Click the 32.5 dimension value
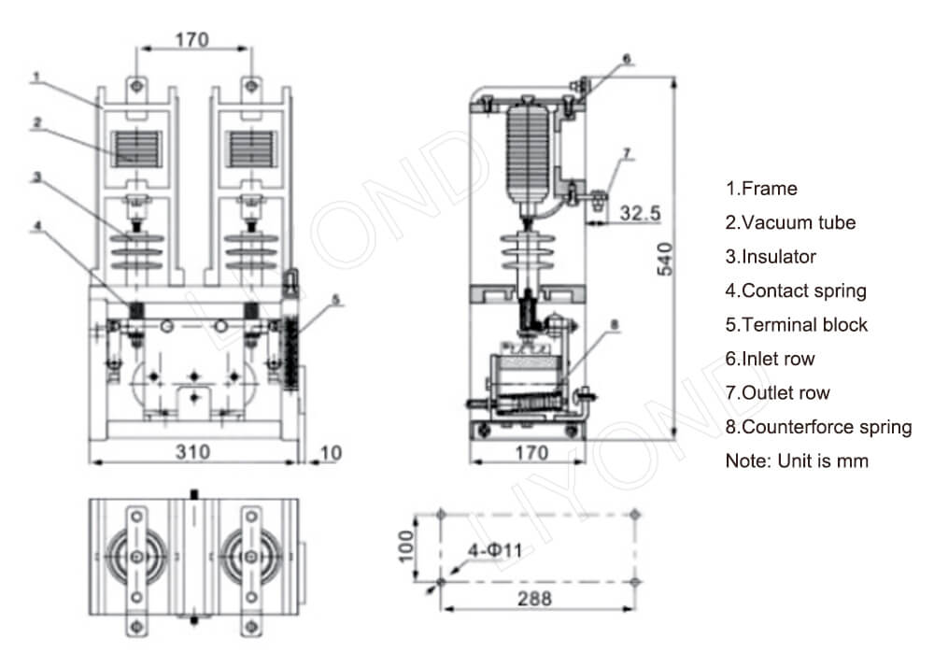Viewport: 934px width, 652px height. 641,213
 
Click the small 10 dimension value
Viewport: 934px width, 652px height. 330,453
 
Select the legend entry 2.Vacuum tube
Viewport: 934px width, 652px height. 790,222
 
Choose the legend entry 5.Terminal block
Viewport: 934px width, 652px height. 796,324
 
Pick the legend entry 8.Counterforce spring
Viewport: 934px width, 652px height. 818,427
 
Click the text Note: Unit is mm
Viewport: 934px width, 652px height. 797,461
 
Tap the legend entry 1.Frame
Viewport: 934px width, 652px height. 761,189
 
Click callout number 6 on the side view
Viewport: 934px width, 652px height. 627,58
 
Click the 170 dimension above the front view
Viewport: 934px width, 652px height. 192,39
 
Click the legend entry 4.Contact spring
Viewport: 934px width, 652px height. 796,291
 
